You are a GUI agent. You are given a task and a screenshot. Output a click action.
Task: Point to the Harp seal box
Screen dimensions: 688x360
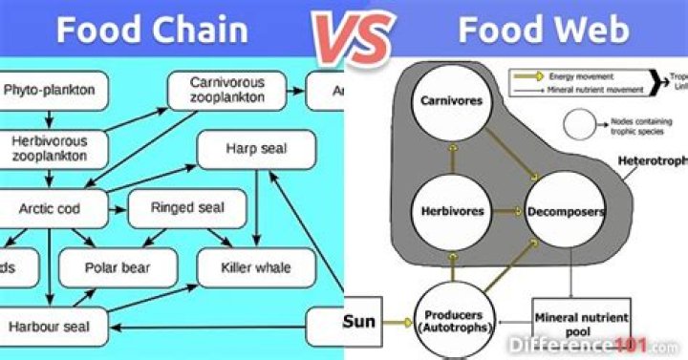(x=256, y=149)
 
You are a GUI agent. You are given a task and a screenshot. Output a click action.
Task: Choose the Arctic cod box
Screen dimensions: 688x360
(x=49, y=207)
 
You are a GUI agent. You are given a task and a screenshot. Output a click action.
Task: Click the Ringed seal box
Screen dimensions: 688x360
(x=187, y=207)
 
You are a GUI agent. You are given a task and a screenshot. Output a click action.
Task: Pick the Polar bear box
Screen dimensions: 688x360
(x=118, y=266)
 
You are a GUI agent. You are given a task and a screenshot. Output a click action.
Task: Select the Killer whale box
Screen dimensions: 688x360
(x=255, y=266)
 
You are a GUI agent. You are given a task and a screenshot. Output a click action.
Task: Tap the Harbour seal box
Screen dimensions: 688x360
(x=49, y=326)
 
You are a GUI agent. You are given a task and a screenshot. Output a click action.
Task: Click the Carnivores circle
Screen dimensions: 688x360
(x=449, y=99)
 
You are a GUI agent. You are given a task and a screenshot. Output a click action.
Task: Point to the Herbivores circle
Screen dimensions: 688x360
(x=449, y=210)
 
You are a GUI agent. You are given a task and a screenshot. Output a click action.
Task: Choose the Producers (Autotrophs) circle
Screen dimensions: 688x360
(x=455, y=320)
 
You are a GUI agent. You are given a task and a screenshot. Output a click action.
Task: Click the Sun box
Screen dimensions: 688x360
(x=359, y=321)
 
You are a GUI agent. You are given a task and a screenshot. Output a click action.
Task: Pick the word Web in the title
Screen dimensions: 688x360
(x=596, y=30)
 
